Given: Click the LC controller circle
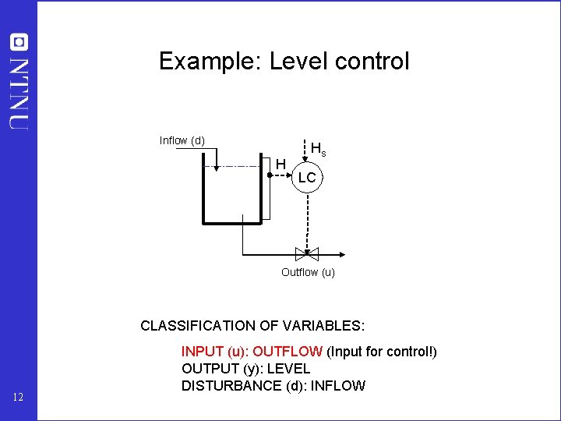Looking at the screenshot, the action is click(x=307, y=178).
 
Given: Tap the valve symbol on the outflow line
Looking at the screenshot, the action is click(x=307, y=253).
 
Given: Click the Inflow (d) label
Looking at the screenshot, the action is click(x=182, y=140).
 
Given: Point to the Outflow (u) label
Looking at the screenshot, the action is click(x=308, y=272).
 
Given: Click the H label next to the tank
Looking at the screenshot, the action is click(x=281, y=163).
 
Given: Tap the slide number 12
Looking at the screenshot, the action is click(x=19, y=399).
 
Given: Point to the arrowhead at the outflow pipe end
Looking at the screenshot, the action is click(x=343, y=253).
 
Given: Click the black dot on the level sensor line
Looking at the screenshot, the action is click(x=269, y=176).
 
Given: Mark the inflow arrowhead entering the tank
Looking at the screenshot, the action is click(x=212, y=165).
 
